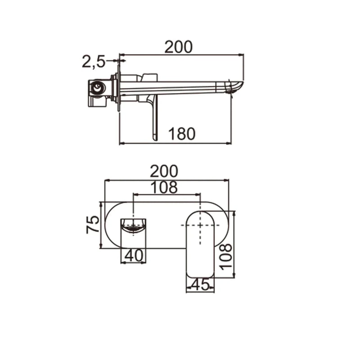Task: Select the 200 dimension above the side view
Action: pyautogui.click(x=178, y=47)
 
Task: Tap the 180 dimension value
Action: pyautogui.click(x=182, y=134)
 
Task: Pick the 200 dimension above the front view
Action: pyautogui.click(x=164, y=171)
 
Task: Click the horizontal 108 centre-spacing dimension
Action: pyautogui.click(x=164, y=187)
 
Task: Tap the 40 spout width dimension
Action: pyautogui.click(x=134, y=255)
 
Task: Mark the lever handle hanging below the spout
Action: pyautogui.click(x=155, y=119)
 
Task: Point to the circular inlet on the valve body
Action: pyautogui.click(x=95, y=88)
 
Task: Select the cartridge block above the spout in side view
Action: pyautogui.click(x=149, y=77)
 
